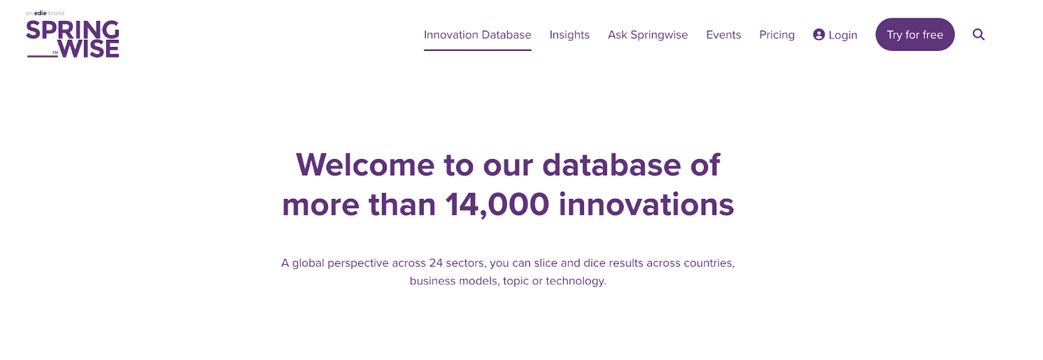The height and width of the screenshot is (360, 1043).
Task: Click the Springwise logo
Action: pos(72,39)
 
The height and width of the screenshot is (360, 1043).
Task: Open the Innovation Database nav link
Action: pos(477,35)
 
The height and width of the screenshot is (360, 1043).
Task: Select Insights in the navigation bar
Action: pos(569,35)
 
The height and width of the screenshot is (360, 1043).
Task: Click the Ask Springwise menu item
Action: pos(647,35)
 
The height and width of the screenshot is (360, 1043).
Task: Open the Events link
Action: pos(723,35)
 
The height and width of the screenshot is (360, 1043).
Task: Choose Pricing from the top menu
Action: pos(776,35)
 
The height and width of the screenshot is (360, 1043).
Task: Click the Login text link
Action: pos(843,35)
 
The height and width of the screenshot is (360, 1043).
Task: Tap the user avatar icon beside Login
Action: pos(819,35)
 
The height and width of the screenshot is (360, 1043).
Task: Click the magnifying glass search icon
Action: pos(978,35)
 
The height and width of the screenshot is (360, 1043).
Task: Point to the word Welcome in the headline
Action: pos(365,165)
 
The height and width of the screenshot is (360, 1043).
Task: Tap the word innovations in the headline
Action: pos(646,205)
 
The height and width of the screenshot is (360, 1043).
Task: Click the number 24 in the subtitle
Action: pos(435,263)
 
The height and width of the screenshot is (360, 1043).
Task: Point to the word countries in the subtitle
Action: pos(709,263)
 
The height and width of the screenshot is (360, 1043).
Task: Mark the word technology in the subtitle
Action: pos(576,281)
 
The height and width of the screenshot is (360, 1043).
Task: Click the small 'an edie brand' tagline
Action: pos(45,13)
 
